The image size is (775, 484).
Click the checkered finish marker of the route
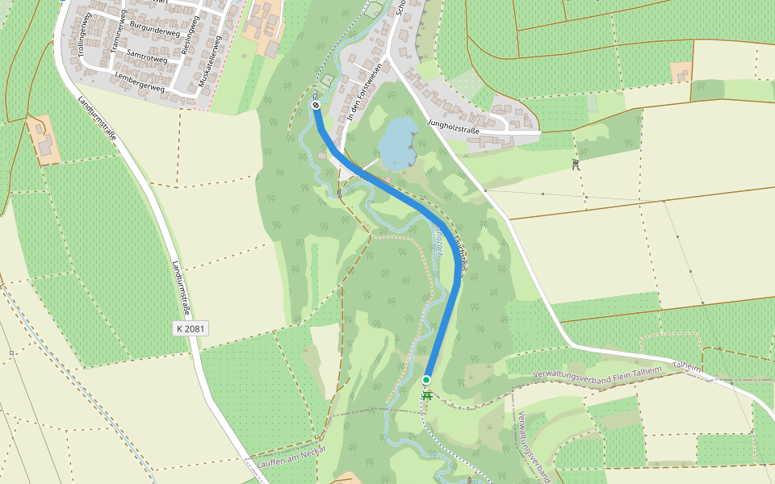pyautogui.click(x=316, y=105)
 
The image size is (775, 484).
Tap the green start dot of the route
pyautogui.click(x=426, y=379)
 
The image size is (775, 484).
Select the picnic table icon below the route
pyautogui.click(x=427, y=395)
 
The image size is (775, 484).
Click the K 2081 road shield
pyautogui.click(x=190, y=328)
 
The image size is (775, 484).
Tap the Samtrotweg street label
pyautogui.click(x=147, y=58)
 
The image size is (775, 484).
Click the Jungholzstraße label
pyautogui.click(x=454, y=126)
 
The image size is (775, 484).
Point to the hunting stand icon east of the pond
pyautogui.click(x=575, y=165)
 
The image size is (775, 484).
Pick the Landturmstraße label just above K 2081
pyautogui.click(x=182, y=287)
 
